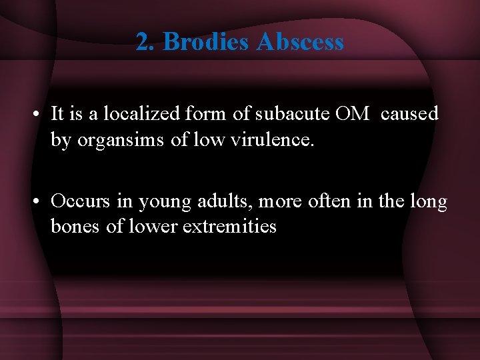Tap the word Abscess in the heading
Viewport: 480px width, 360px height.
point(300,42)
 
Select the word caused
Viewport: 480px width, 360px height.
point(410,114)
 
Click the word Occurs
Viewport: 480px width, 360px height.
point(78,201)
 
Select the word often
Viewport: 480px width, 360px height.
point(329,201)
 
